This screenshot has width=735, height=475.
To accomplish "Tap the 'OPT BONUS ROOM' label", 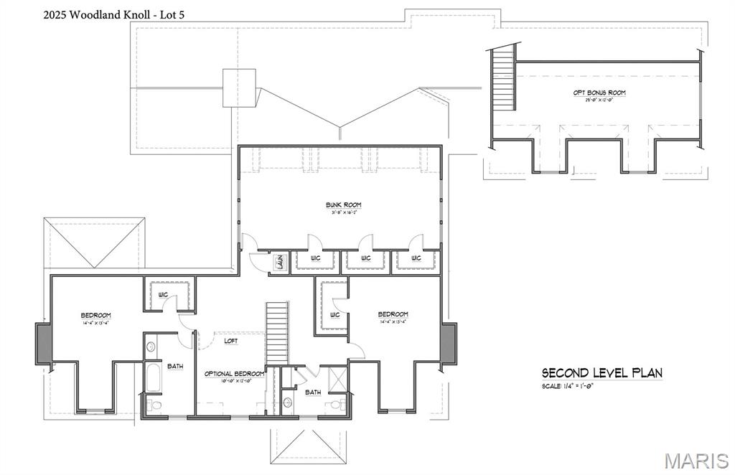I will tap(599, 93).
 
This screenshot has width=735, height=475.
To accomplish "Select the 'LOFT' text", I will tap(230, 341).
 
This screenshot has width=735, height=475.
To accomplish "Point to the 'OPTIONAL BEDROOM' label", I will tap(234, 374).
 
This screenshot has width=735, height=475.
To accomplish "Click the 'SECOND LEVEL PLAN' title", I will tap(601, 372).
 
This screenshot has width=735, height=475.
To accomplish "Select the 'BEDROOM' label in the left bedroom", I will tap(95, 315).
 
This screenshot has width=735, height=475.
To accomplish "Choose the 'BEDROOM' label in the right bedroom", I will tap(393, 314).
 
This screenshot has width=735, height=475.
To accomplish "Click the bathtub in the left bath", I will tap(153, 377).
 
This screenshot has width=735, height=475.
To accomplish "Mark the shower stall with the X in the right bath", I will tap(337, 377).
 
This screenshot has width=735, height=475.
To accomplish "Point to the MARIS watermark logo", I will tap(696, 459).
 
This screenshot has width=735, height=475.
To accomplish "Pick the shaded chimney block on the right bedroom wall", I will tap(449, 343).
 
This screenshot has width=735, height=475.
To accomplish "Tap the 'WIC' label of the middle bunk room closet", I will tap(365, 258).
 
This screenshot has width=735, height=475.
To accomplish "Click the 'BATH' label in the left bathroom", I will tap(175, 366).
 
